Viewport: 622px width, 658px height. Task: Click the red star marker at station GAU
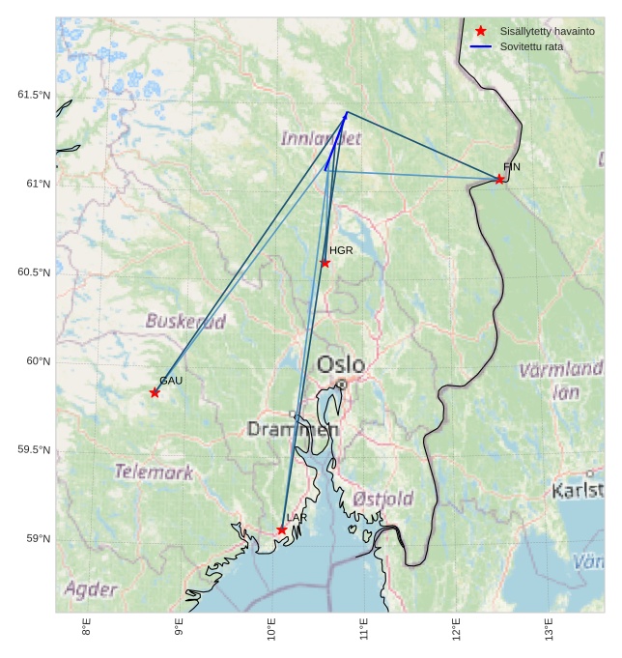pos(155,392)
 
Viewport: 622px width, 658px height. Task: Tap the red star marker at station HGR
pos(325,263)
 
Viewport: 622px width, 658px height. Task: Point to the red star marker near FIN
pos(499,179)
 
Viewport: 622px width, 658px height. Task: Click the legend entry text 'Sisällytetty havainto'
pos(547,31)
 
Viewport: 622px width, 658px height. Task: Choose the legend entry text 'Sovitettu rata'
pos(531,46)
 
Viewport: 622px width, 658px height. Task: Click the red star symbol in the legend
pos(480,31)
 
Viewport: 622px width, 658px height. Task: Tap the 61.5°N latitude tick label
pos(33,95)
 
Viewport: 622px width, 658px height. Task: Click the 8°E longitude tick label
pos(86,629)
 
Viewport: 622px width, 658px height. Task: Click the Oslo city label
pos(341,365)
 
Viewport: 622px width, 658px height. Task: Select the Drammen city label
pos(293,428)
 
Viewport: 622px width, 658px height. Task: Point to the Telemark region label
pos(154,472)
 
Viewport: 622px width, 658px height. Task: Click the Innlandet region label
pos(321,138)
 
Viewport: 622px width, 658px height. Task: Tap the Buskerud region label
pos(185,321)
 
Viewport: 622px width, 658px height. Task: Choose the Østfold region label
pos(382,499)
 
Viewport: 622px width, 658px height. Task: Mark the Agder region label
pos(91,588)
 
